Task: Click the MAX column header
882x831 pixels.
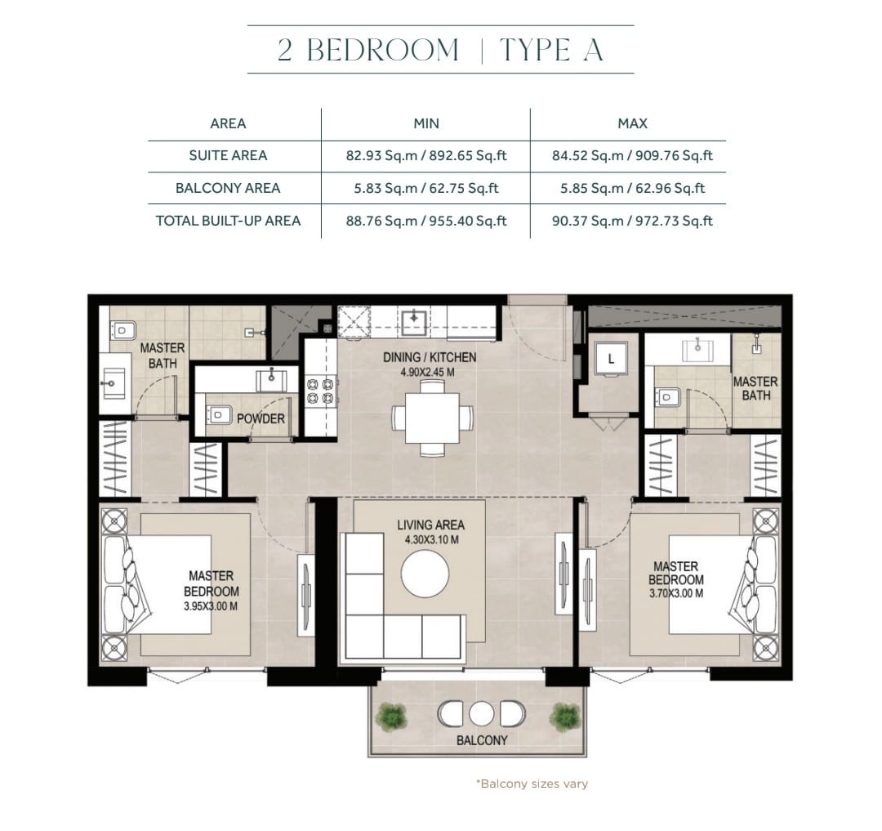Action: pyautogui.click(x=632, y=123)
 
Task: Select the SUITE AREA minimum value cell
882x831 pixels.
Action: pyautogui.click(x=425, y=156)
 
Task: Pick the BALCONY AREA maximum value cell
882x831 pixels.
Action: pyautogui.click(x=632, y=189)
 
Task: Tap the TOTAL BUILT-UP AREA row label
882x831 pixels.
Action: pyautogui.click(x=228, y=221)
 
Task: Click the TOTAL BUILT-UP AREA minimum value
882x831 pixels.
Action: pyautogui.click(x=425, y=221)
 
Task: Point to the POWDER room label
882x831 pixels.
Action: pyautogui.click(x=261, y=418)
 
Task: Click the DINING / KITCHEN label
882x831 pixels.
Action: pyautogui.click(x=430, y=357)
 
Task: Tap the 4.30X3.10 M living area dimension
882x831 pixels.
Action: pyautogui.click(x=431, y=540)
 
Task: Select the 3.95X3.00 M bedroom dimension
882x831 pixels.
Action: pyautogui.click(x=211, y=606)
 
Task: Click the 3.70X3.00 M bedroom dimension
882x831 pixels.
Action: pyautogui.click(x=675, y=593)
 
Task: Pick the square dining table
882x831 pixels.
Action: pyautogui.click(x=433, y=418)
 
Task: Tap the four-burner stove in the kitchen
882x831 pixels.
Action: pyautogui.click(x=320, y=391)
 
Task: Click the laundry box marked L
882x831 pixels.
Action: pyautogui.click(x=611, y=359)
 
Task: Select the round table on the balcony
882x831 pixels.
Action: pyautogui.click(x=481, y=714)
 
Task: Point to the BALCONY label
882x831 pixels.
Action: pyautogui.click(x=482, y=740)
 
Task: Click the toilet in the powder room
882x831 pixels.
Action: pyautogui.click(x=219, y=415)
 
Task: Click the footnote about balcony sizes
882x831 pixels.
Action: pyautogui.click(x=532, y=784)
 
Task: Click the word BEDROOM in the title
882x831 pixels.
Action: pyautogui.click(x=383, y=50)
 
